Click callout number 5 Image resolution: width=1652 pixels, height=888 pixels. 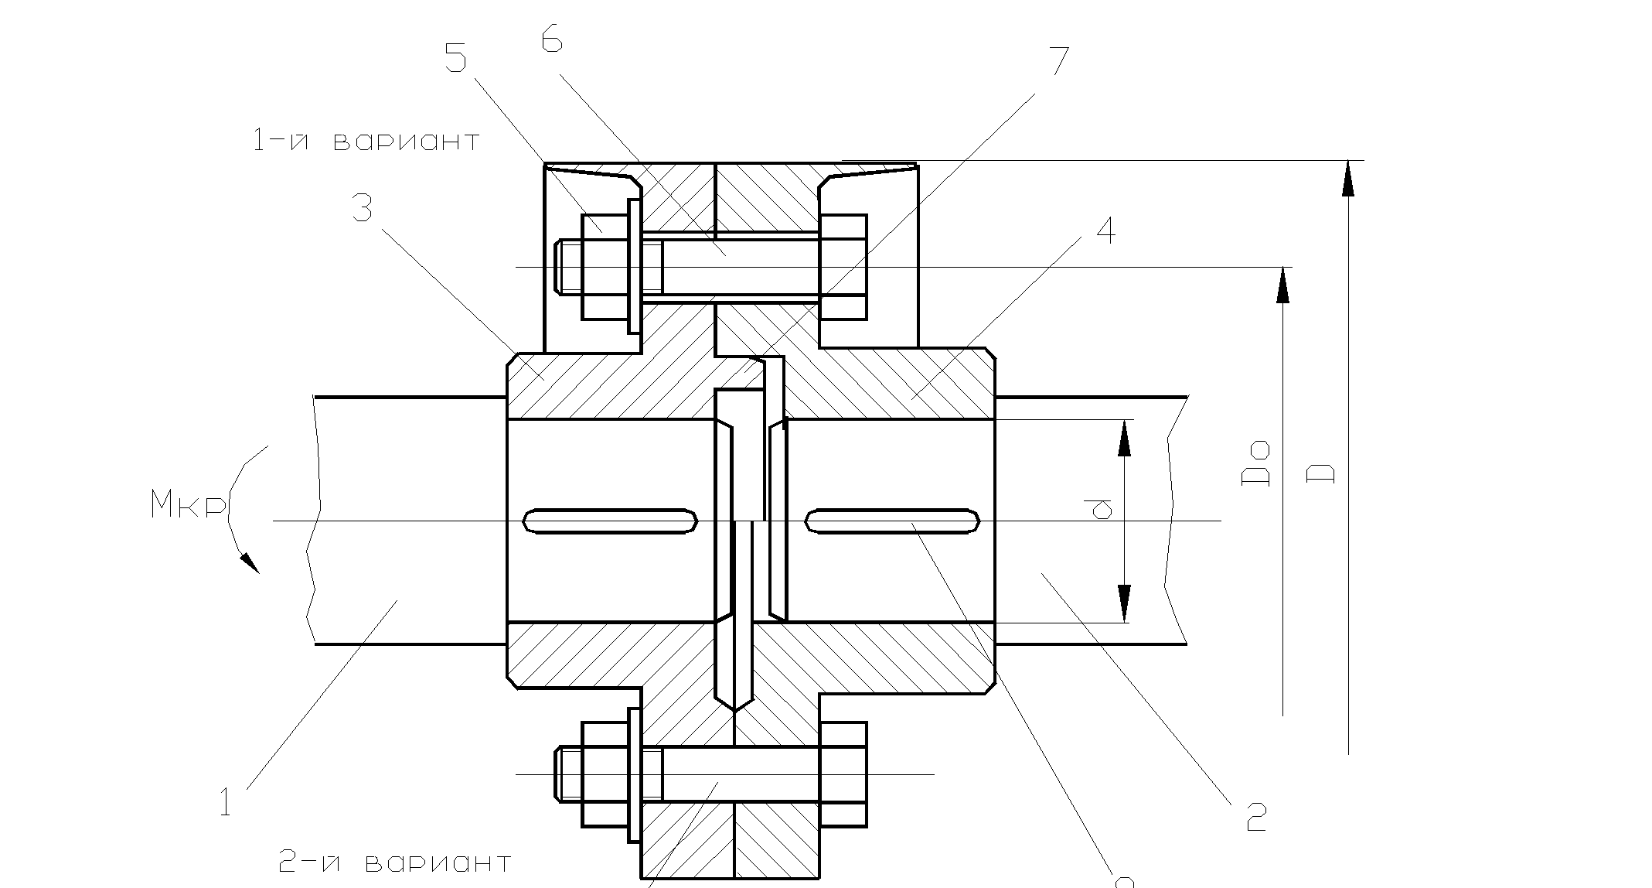pyautogui.click(x=456, y=58)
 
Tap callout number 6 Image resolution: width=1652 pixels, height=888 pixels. pyautogui.click(x=551, y=39)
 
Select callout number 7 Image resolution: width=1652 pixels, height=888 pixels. pyautogui.click(x=1057, y=61)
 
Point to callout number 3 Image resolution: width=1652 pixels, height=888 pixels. pyautogui.click(x=362, y=207)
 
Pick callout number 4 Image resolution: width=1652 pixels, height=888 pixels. pyautogui.click(x=1106, y=231)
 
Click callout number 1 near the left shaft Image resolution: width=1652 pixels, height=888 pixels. pyautogui.click(x=225, y=802)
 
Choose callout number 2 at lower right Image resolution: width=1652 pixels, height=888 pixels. pyautogui.click(x=1256, y=817)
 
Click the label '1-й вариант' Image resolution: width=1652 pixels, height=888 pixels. pyautogui.click(x=366, y=141)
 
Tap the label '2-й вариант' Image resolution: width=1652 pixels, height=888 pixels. pyautogui.click(x=393, y=862)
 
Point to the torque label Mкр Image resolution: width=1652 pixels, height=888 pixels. pyautogui.click(x=189, y=507)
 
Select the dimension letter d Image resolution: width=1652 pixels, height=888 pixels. pyautogui.click(x=1098, y=509)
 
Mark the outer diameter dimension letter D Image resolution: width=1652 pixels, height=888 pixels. pyautogui.click(x=1321, y=473)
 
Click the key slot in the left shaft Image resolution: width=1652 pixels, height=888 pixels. pyautogui.click(x=610, y=521)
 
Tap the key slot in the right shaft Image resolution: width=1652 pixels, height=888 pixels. pyautogui.click(x=892, y=521)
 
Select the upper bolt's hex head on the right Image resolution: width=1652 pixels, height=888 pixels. pyautogui.click(x=843, y=266)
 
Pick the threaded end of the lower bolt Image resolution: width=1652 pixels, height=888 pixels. pyautogui.click(x=569, y=774)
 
